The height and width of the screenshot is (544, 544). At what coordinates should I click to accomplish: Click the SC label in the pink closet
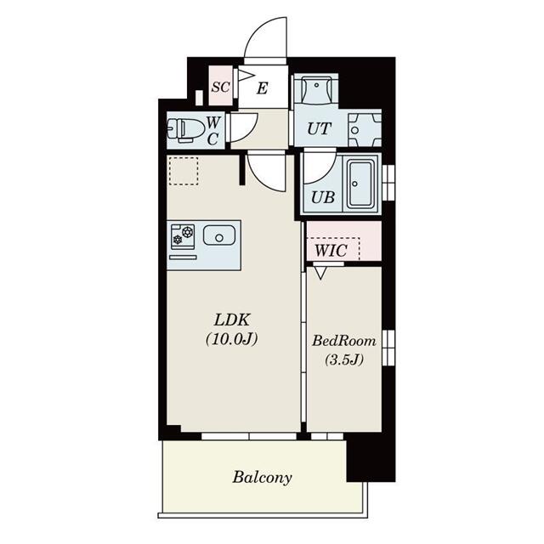point(220,87)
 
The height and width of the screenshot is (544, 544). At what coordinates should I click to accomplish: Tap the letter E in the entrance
point(263,88)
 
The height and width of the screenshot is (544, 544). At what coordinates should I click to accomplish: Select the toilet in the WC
point(185,130)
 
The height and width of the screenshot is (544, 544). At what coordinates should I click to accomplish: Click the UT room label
point(319,128)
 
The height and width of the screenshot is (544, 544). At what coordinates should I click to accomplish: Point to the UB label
point(323,197)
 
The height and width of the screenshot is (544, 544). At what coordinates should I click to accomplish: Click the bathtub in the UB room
point(360,184)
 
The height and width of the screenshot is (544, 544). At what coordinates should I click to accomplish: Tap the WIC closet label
point(331,250)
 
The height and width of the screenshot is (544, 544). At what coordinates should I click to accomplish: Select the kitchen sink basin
point(219,235)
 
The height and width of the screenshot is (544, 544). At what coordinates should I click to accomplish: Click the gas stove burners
point(183,235)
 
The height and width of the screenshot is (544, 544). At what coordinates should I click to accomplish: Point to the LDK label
point(231,320)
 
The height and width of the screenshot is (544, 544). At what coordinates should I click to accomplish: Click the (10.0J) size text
point(232,339)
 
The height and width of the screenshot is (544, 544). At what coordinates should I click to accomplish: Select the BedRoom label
point(344,341)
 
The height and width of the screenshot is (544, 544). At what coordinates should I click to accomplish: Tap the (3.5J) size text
point(344,360)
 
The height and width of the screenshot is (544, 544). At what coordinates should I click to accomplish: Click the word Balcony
point(262,478)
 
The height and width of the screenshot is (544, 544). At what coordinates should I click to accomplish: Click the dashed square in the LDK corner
point(184,171)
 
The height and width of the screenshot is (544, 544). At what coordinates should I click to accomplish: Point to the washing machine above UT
point(315,89)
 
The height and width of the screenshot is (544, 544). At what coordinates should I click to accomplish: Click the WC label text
point(212,130)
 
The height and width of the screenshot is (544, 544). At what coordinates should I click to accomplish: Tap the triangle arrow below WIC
point(321,272)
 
